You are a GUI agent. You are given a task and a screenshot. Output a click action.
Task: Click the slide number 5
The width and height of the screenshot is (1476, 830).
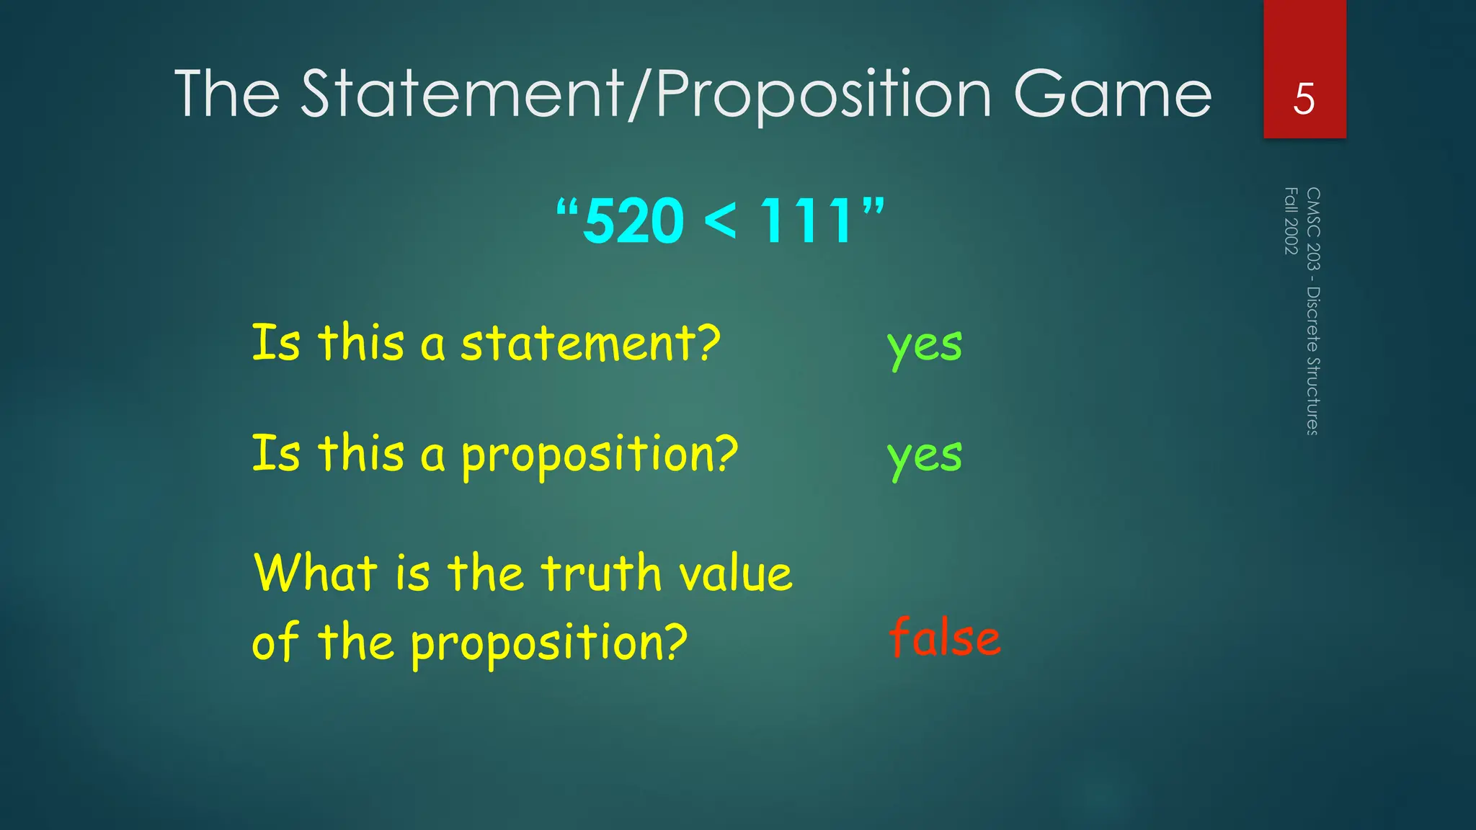pos(1304,99)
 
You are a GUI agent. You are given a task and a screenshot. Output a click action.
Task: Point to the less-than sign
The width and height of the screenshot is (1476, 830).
pos(721,220)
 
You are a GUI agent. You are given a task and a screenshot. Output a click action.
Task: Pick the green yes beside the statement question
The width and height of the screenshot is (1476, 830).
pos(925,345)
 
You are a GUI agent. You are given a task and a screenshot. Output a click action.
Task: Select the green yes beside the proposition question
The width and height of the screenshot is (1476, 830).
pos(925,455)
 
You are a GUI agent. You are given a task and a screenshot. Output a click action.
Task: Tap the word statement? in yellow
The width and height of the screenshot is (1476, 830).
pos(590,343)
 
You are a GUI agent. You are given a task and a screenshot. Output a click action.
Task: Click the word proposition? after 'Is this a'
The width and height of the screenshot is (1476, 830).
pos(600,455)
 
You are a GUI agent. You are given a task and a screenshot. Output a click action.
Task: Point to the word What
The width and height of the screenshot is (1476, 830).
pos(316,573)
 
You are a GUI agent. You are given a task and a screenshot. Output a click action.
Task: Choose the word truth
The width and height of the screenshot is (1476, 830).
pos(601,573)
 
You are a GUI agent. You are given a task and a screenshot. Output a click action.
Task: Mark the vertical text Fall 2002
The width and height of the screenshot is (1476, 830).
pos(1291,220)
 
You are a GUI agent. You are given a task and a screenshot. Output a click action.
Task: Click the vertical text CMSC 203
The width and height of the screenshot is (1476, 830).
pos(1313,228)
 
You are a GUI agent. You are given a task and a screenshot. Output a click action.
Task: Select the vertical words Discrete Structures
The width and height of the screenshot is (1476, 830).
pos(1313,361)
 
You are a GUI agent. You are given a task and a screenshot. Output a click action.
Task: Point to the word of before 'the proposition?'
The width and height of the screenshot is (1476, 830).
pos(275,641)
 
